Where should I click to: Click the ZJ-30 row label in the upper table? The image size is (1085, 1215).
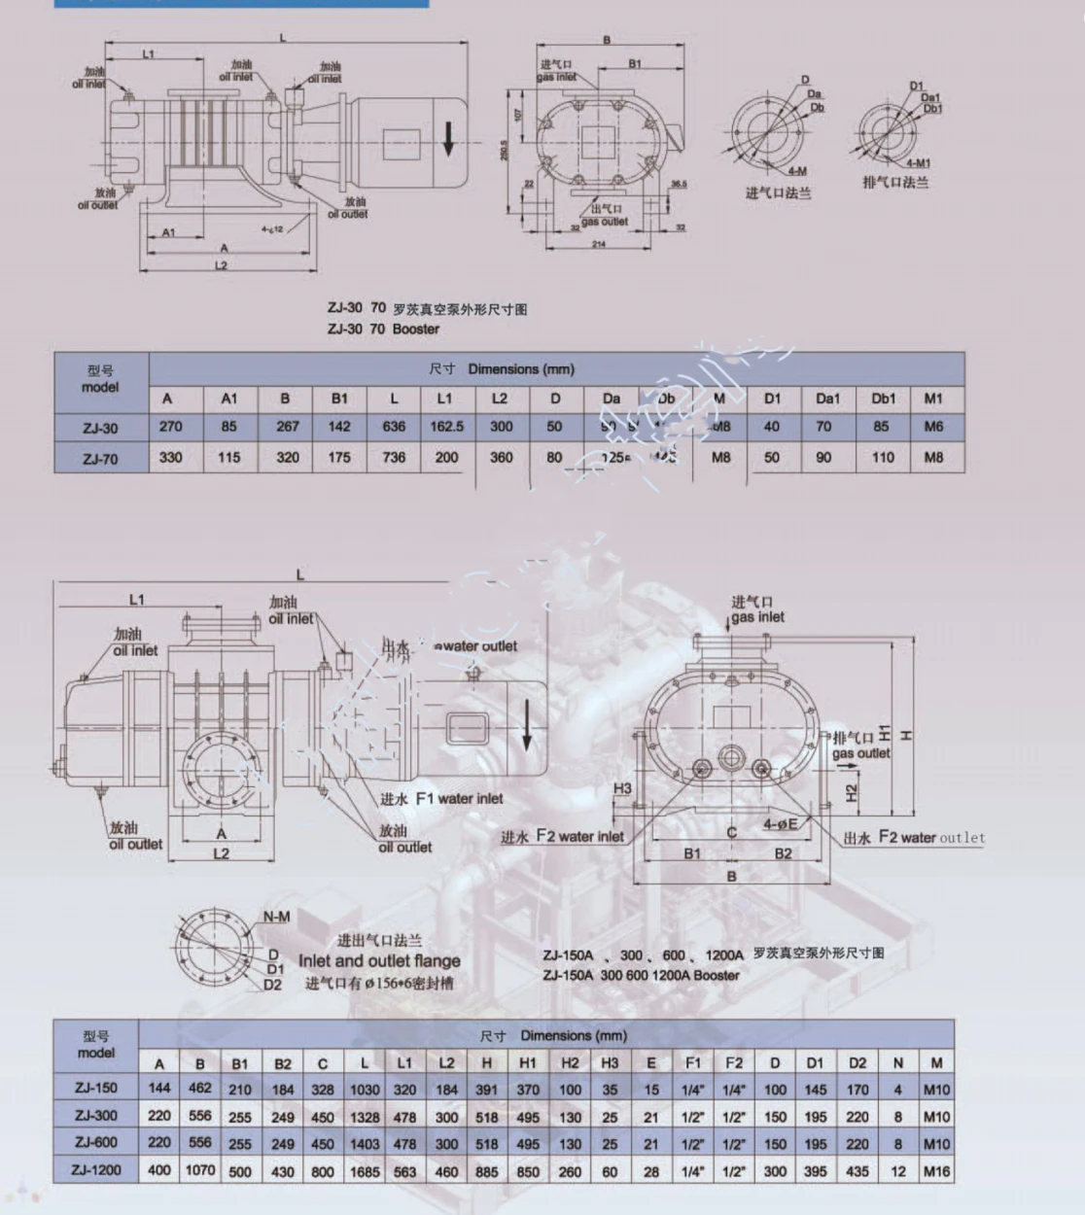click(x=100, y=428)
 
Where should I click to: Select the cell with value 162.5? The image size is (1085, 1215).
click(x=446, y=427)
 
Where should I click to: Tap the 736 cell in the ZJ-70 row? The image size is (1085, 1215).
click(x=394, y=457)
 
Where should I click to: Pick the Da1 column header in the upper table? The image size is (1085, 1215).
click(x=827, y=399)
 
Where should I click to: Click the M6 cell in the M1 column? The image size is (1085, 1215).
click(x=933, y=427)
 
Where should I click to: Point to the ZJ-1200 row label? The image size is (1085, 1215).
click(x=95, y=1170)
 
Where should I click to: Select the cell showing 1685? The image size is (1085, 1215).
click(x=365, y=1171)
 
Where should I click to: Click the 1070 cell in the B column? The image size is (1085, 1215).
click(x=200, y=1170)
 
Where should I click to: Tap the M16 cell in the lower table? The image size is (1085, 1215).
click(x=936, y=1171)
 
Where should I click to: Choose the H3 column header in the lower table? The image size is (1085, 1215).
click(x=610, y=1063)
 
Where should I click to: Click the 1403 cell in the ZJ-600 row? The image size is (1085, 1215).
click(x=365, y=1144)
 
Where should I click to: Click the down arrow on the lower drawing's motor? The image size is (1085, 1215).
click(x=526, y=725)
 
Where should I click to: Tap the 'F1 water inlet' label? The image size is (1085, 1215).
click(x=441, y=799)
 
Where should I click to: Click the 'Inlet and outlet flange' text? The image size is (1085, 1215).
click(x=379, y=960)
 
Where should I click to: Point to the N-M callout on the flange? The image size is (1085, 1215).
click(x=276, y=917)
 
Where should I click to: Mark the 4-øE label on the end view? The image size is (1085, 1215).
click(x=780, y=824)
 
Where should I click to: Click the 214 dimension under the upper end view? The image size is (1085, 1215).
click(x=599, y=244)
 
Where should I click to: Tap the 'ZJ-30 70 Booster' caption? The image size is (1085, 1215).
click(x=383, y=329)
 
